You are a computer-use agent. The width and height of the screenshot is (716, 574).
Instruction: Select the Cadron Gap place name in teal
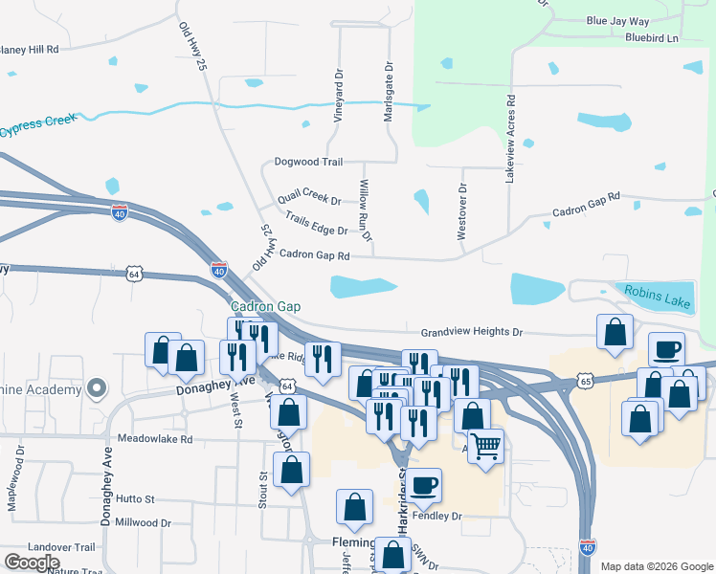coord(266,306)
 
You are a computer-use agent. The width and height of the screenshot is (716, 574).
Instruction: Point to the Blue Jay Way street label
coord(617,20)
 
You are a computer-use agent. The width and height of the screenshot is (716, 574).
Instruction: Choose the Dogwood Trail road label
coord(307,163)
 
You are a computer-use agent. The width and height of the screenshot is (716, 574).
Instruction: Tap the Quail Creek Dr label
coord(308,200)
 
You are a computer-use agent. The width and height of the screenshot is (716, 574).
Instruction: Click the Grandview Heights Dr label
coord(472,332)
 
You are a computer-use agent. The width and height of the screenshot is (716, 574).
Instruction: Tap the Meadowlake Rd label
coord(155,439)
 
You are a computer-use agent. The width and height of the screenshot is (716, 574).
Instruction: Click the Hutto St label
coord(135,499)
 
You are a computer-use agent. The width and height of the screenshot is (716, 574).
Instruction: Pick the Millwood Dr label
coord(142,523)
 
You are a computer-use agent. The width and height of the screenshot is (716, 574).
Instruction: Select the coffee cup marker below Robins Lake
coord(666,349)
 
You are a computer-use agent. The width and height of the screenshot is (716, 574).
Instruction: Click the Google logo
coord(32,563)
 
